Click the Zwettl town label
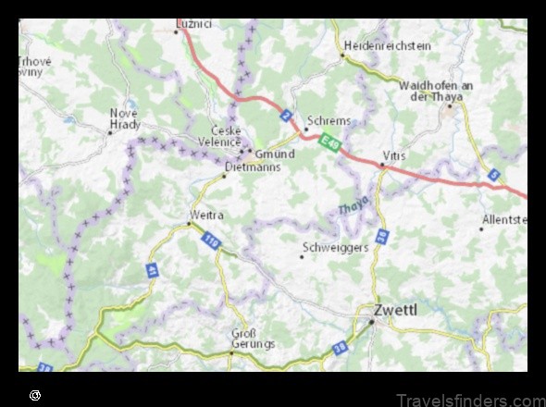click(x=394, y=309)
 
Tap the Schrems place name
click(x=329, y=121)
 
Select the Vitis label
click(x=393, y=155)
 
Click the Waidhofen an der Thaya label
click(x=436, y=90)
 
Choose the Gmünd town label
click(x=274, y=154)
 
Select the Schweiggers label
click(x=336, y=247)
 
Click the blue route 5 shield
click(x=494, y=174)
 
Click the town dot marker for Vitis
click(x=382, y=166)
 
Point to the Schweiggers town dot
click(x=303, y=256)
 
